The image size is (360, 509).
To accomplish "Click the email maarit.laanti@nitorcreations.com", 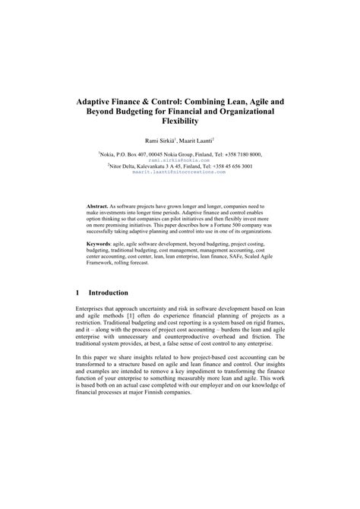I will [179, 172].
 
